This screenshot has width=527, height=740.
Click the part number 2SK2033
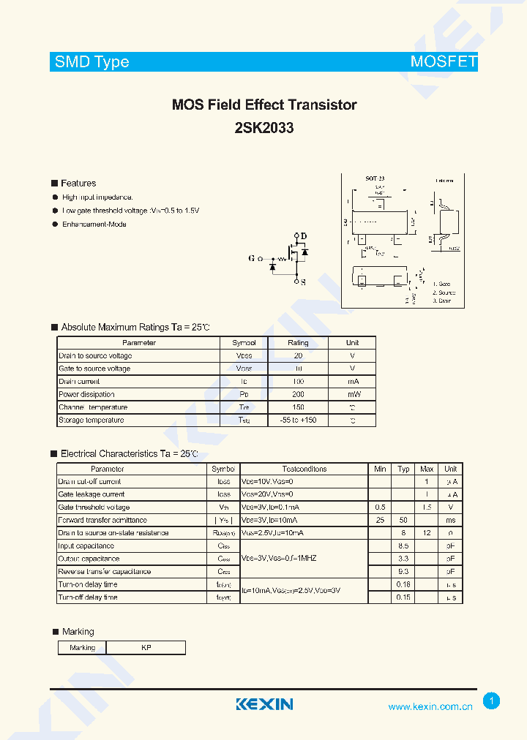point(264,128)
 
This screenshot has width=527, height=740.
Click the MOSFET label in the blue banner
point(444,62)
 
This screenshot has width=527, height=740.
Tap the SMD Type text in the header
point(92,62)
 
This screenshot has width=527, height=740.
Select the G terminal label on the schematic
point(252,258)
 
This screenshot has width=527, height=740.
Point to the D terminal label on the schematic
point(304,235)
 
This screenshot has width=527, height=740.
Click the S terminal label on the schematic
point(304,282)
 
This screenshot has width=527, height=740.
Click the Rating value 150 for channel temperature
point(298,407)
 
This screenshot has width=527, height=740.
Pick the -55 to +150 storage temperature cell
point(298,420)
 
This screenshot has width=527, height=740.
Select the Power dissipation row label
point(86,394)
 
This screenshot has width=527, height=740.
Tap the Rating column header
point(298,343)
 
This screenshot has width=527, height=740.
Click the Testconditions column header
point(304,469)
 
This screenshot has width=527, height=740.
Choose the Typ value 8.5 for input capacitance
point(403,546)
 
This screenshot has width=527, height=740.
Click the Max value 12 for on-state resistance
point(427,533)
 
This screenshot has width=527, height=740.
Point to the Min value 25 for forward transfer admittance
point(380,520)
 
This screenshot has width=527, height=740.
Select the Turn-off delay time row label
point(88,597)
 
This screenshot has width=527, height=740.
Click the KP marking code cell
point(146,648)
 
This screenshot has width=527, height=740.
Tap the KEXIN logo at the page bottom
point(264,704)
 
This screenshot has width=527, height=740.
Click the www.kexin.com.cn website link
point(430,706)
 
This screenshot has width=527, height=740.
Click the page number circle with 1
point(492,701)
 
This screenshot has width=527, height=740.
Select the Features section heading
point(78,184)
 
